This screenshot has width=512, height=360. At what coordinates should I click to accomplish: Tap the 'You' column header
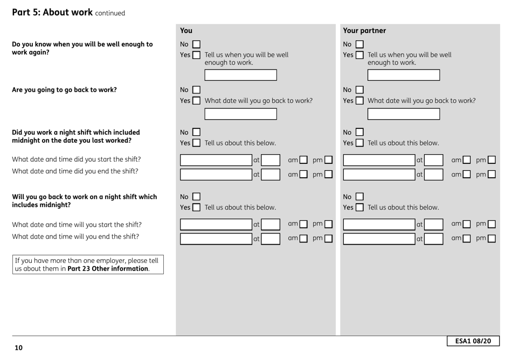[186, 31]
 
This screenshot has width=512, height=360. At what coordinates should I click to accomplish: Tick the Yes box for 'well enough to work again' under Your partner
[360, 55]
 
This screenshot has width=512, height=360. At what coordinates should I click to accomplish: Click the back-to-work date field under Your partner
[404, 114]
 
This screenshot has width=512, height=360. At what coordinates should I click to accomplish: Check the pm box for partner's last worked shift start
[492, 160]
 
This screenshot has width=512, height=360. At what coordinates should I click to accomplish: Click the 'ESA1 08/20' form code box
[473, 341]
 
